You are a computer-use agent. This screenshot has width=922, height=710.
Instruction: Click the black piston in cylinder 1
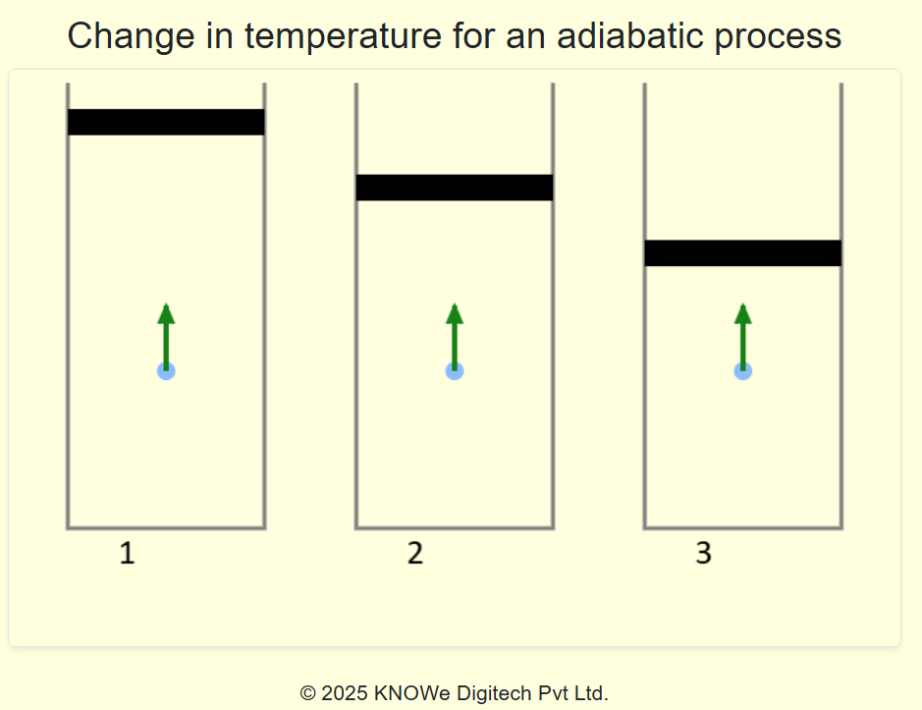point(166,122)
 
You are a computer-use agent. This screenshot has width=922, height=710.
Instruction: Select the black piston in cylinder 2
point(455,188)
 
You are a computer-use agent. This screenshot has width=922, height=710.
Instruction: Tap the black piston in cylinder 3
point(743,253)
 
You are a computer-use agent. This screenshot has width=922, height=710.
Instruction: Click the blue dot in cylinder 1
point(166,370)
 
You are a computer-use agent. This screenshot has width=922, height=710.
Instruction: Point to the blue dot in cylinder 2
point(455,370)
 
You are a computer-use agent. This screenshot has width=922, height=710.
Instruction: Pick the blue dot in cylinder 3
point(743,370)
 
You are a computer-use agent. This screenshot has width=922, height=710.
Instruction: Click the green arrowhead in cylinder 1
point(166,314)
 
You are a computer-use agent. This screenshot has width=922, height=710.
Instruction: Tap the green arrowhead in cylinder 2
point(455,314)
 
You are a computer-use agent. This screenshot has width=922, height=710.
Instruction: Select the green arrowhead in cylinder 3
point(743,314)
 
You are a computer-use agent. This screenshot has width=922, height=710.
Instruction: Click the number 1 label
point(127,554)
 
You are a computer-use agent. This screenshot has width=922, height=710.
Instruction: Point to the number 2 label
point(415,554)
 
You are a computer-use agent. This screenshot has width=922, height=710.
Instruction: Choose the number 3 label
point(703,554)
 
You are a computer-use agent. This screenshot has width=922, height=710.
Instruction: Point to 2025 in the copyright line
point(345,693)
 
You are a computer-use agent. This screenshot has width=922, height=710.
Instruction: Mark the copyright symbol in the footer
point(307,693)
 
